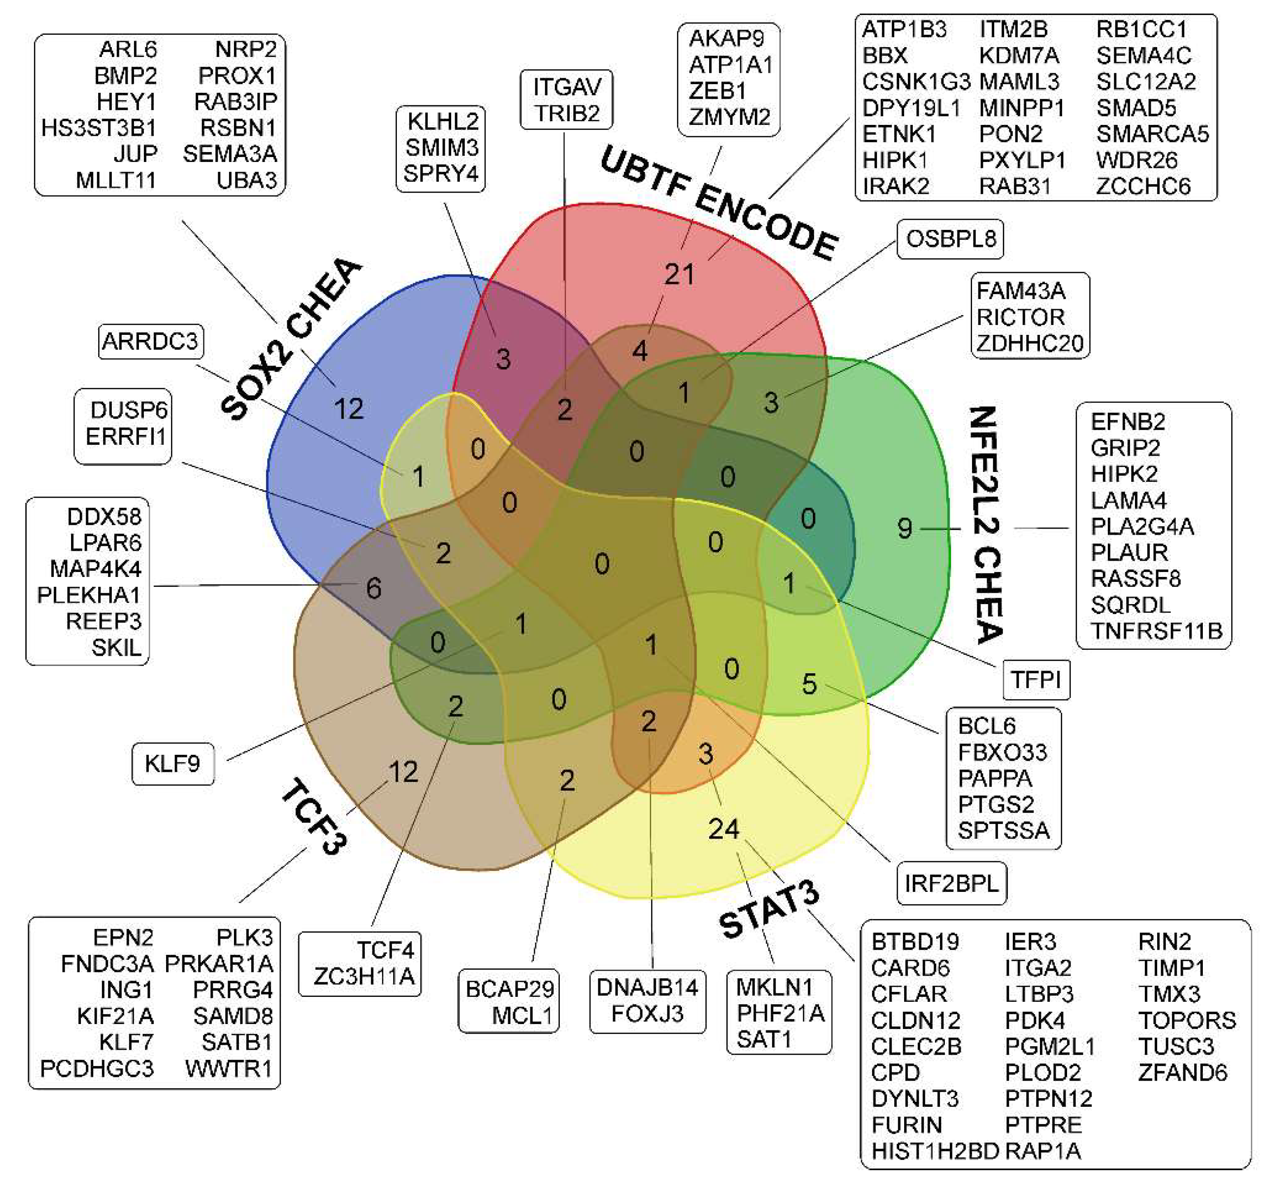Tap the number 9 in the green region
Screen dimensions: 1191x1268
pos(905,528)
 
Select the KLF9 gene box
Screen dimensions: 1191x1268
pos(172,763)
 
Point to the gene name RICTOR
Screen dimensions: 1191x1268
pos(1020,317)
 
